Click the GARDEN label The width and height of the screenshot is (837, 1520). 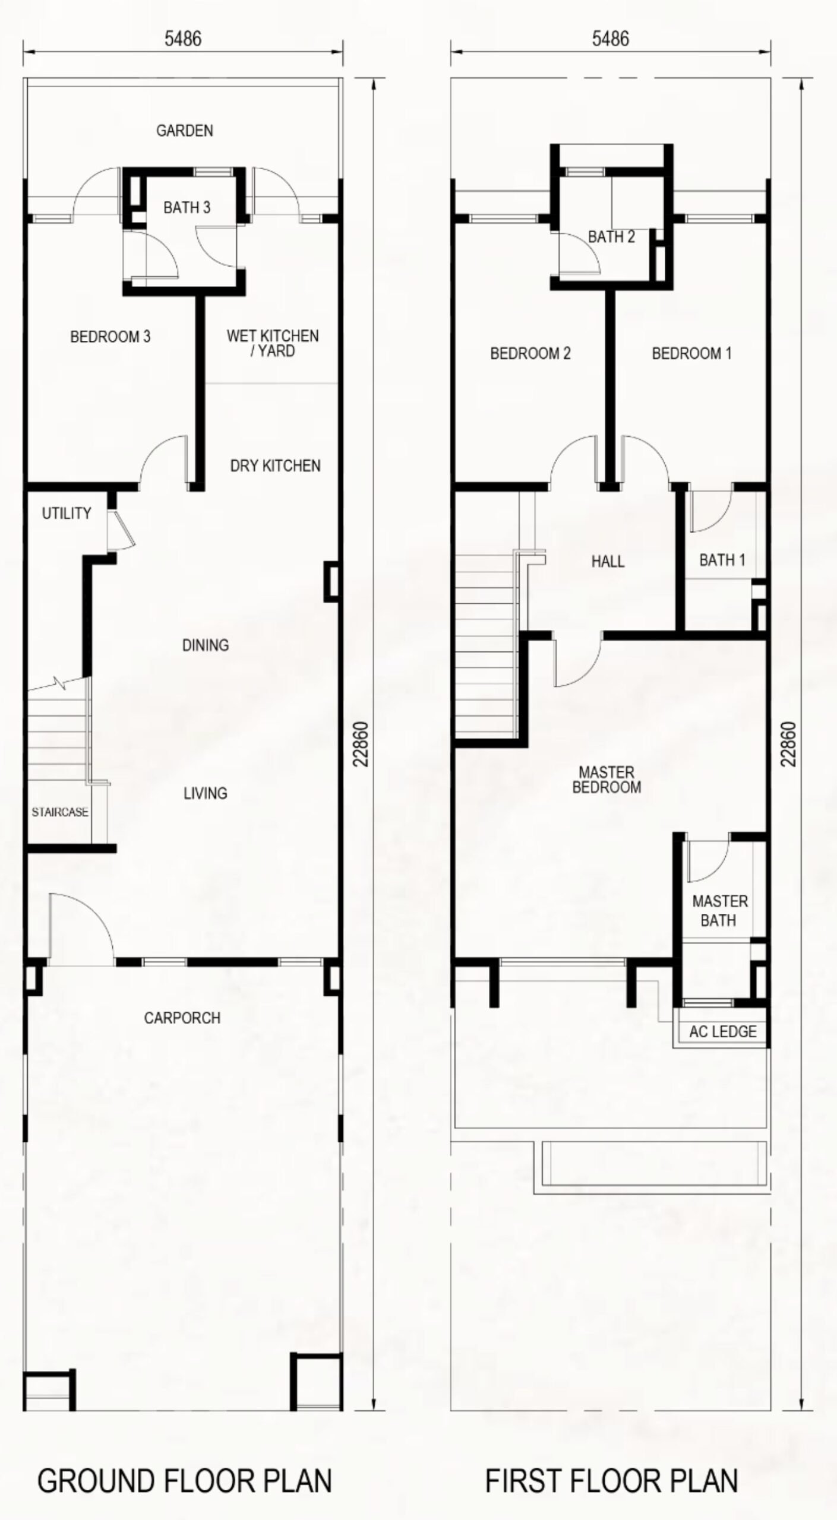click(185, 131)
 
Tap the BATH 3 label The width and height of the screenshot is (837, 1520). click(187, 207)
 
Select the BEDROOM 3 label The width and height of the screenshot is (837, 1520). click(110, 337)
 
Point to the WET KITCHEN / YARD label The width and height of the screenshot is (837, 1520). click(273, 343)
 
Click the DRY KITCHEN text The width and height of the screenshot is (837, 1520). click(276, 465)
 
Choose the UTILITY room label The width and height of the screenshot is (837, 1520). click(67, 513)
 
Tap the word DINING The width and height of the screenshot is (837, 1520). click(206, 645)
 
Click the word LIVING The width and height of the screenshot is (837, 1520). click(206, 793)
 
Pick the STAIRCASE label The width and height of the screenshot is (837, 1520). click(60, 812)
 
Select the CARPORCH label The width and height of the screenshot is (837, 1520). click(182, 1018)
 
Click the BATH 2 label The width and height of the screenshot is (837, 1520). click(611, 237)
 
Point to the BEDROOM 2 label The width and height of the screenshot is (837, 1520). click(530, 353)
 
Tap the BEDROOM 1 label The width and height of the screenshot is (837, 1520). click(692, 353)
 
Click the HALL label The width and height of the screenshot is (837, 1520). click(608, 561)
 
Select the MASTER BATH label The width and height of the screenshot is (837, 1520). click(720, 911)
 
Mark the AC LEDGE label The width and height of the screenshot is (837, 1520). click(723, 1031)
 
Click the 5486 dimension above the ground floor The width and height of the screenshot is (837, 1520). click(183, 39)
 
